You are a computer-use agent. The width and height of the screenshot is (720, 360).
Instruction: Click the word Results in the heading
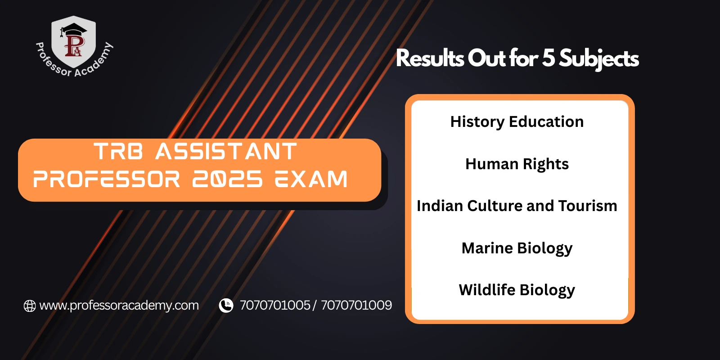[x=430, y=58]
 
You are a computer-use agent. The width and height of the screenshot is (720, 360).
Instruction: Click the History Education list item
[x=517, y=122]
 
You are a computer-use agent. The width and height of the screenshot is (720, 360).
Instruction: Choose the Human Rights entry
[x=517, y=164]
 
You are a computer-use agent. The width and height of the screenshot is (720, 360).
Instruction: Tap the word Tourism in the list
[x=587, y=206]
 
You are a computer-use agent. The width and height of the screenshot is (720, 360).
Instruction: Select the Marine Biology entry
[x=517, y=248]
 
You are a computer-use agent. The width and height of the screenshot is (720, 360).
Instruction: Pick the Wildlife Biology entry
[x=517, y=290]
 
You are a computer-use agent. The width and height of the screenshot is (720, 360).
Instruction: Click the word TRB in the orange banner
[x=118, y=152]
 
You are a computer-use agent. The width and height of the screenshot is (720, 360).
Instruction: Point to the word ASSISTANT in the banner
[x=226, y=152]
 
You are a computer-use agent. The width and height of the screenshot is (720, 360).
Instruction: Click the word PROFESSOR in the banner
[x=107, y=180]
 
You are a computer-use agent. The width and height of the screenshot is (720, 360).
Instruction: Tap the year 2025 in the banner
[x=227, y=180]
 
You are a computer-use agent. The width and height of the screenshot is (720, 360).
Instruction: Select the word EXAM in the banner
[x=311, y=180]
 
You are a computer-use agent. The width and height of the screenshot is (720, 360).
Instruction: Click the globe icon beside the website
[x=30, y=306]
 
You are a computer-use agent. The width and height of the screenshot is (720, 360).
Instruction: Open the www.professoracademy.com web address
[x=119, y=306]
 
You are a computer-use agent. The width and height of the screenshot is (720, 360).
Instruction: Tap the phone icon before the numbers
[x=226, y=306]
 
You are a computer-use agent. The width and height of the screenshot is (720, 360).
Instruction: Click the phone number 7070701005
[x=275, y=306]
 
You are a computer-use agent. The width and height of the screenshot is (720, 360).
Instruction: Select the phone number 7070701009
[x=356, y=306]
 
